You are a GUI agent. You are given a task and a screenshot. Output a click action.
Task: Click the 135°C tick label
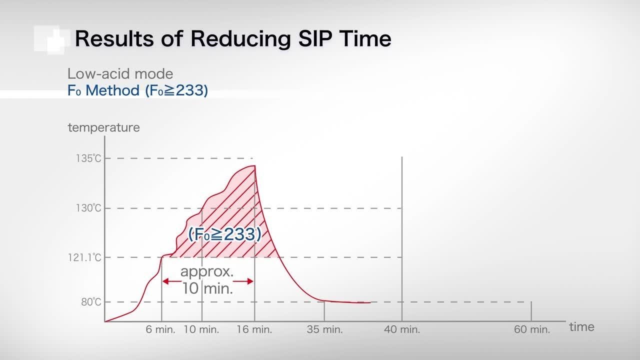click(88, 158)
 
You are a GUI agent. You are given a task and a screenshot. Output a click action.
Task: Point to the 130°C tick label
click(88, 208)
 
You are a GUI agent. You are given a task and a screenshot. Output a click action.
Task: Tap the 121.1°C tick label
click(85, 257)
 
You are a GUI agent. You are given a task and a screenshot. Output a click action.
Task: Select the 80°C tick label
click(90, 302)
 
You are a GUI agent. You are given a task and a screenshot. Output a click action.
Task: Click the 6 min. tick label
click(160, 329)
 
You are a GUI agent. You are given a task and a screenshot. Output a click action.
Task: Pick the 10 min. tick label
click(201, 329)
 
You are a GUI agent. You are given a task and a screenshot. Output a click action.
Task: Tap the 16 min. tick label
click(254, 329)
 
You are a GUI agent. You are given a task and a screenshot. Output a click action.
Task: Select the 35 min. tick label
click(325, 329)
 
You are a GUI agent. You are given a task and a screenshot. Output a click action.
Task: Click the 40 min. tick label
click(402, 329)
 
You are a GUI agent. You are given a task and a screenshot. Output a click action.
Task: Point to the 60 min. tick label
click(532, 329)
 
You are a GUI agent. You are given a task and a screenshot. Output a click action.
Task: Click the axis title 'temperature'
click(103, 127)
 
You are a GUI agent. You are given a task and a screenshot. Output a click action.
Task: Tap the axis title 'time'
click(582, 327)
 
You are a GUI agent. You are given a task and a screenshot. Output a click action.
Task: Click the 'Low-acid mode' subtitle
click(120, 74)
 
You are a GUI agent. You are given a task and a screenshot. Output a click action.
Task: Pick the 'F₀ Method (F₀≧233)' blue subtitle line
click(137, 91)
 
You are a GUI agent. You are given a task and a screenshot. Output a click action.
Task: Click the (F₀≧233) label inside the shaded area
click(224, 234)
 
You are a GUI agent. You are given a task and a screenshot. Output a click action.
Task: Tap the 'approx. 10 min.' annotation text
click(207, 280)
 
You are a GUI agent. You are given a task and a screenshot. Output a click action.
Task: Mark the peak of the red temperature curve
click(255, 166)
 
